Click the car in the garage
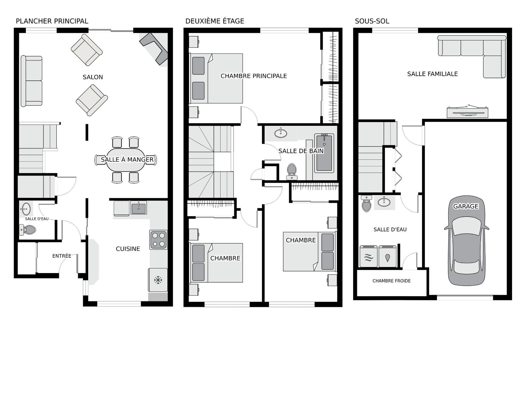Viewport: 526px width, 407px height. pyautogui.click(x=466, y=240)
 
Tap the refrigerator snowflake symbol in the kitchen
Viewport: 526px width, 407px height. pyautogui.click(x=158, y=280)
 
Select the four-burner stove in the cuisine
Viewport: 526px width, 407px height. pyautogui.click(x=158, y=240)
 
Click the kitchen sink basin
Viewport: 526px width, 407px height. pyautogui.click(x=138, y=207)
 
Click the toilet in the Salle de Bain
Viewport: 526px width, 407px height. pyautogui.click(x=292, y=172)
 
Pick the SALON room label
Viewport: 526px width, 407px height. pyautogui.click(x=93, y=77)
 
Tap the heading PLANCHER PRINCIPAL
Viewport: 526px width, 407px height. pyautogui.click(x=52, y=21)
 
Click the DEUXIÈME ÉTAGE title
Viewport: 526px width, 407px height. pyautogui.click(x=215, y=21)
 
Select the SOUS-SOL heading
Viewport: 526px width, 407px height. pyautogui.click(x=372, y=21)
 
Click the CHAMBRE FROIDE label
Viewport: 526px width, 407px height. pyautogui.click(x=391, y=281)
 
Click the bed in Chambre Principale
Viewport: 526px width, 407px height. pyautogui.click(x=216, y=78)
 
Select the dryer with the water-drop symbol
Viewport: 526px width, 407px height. pyautogui.click(x=387, y=256)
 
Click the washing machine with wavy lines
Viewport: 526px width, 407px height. pyautogui.click(x=368, y=256)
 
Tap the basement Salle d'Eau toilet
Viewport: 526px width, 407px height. pyautogui.click(x=367, y=203)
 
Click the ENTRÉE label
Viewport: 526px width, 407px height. pyautogui.click(x=62, y=256)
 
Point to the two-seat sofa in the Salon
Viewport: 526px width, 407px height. pyautogui.click(x=32, y=81)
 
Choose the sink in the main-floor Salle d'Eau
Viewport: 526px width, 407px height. pyautogui.click(x=26, y=209)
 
